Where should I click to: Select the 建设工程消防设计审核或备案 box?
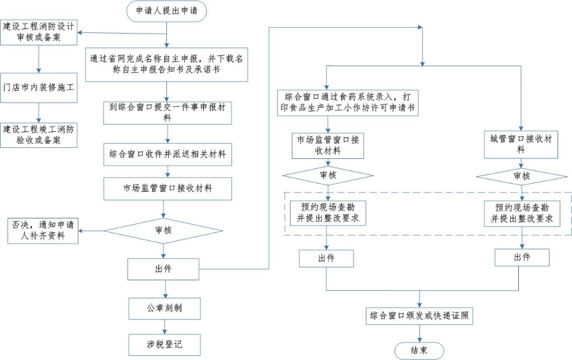39,32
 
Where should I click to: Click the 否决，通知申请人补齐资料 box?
42,231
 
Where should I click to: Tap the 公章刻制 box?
165,308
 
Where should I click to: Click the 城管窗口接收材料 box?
521,144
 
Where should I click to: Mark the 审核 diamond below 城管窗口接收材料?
521,176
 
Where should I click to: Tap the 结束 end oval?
419,351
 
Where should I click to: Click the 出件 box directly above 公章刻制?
165,269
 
